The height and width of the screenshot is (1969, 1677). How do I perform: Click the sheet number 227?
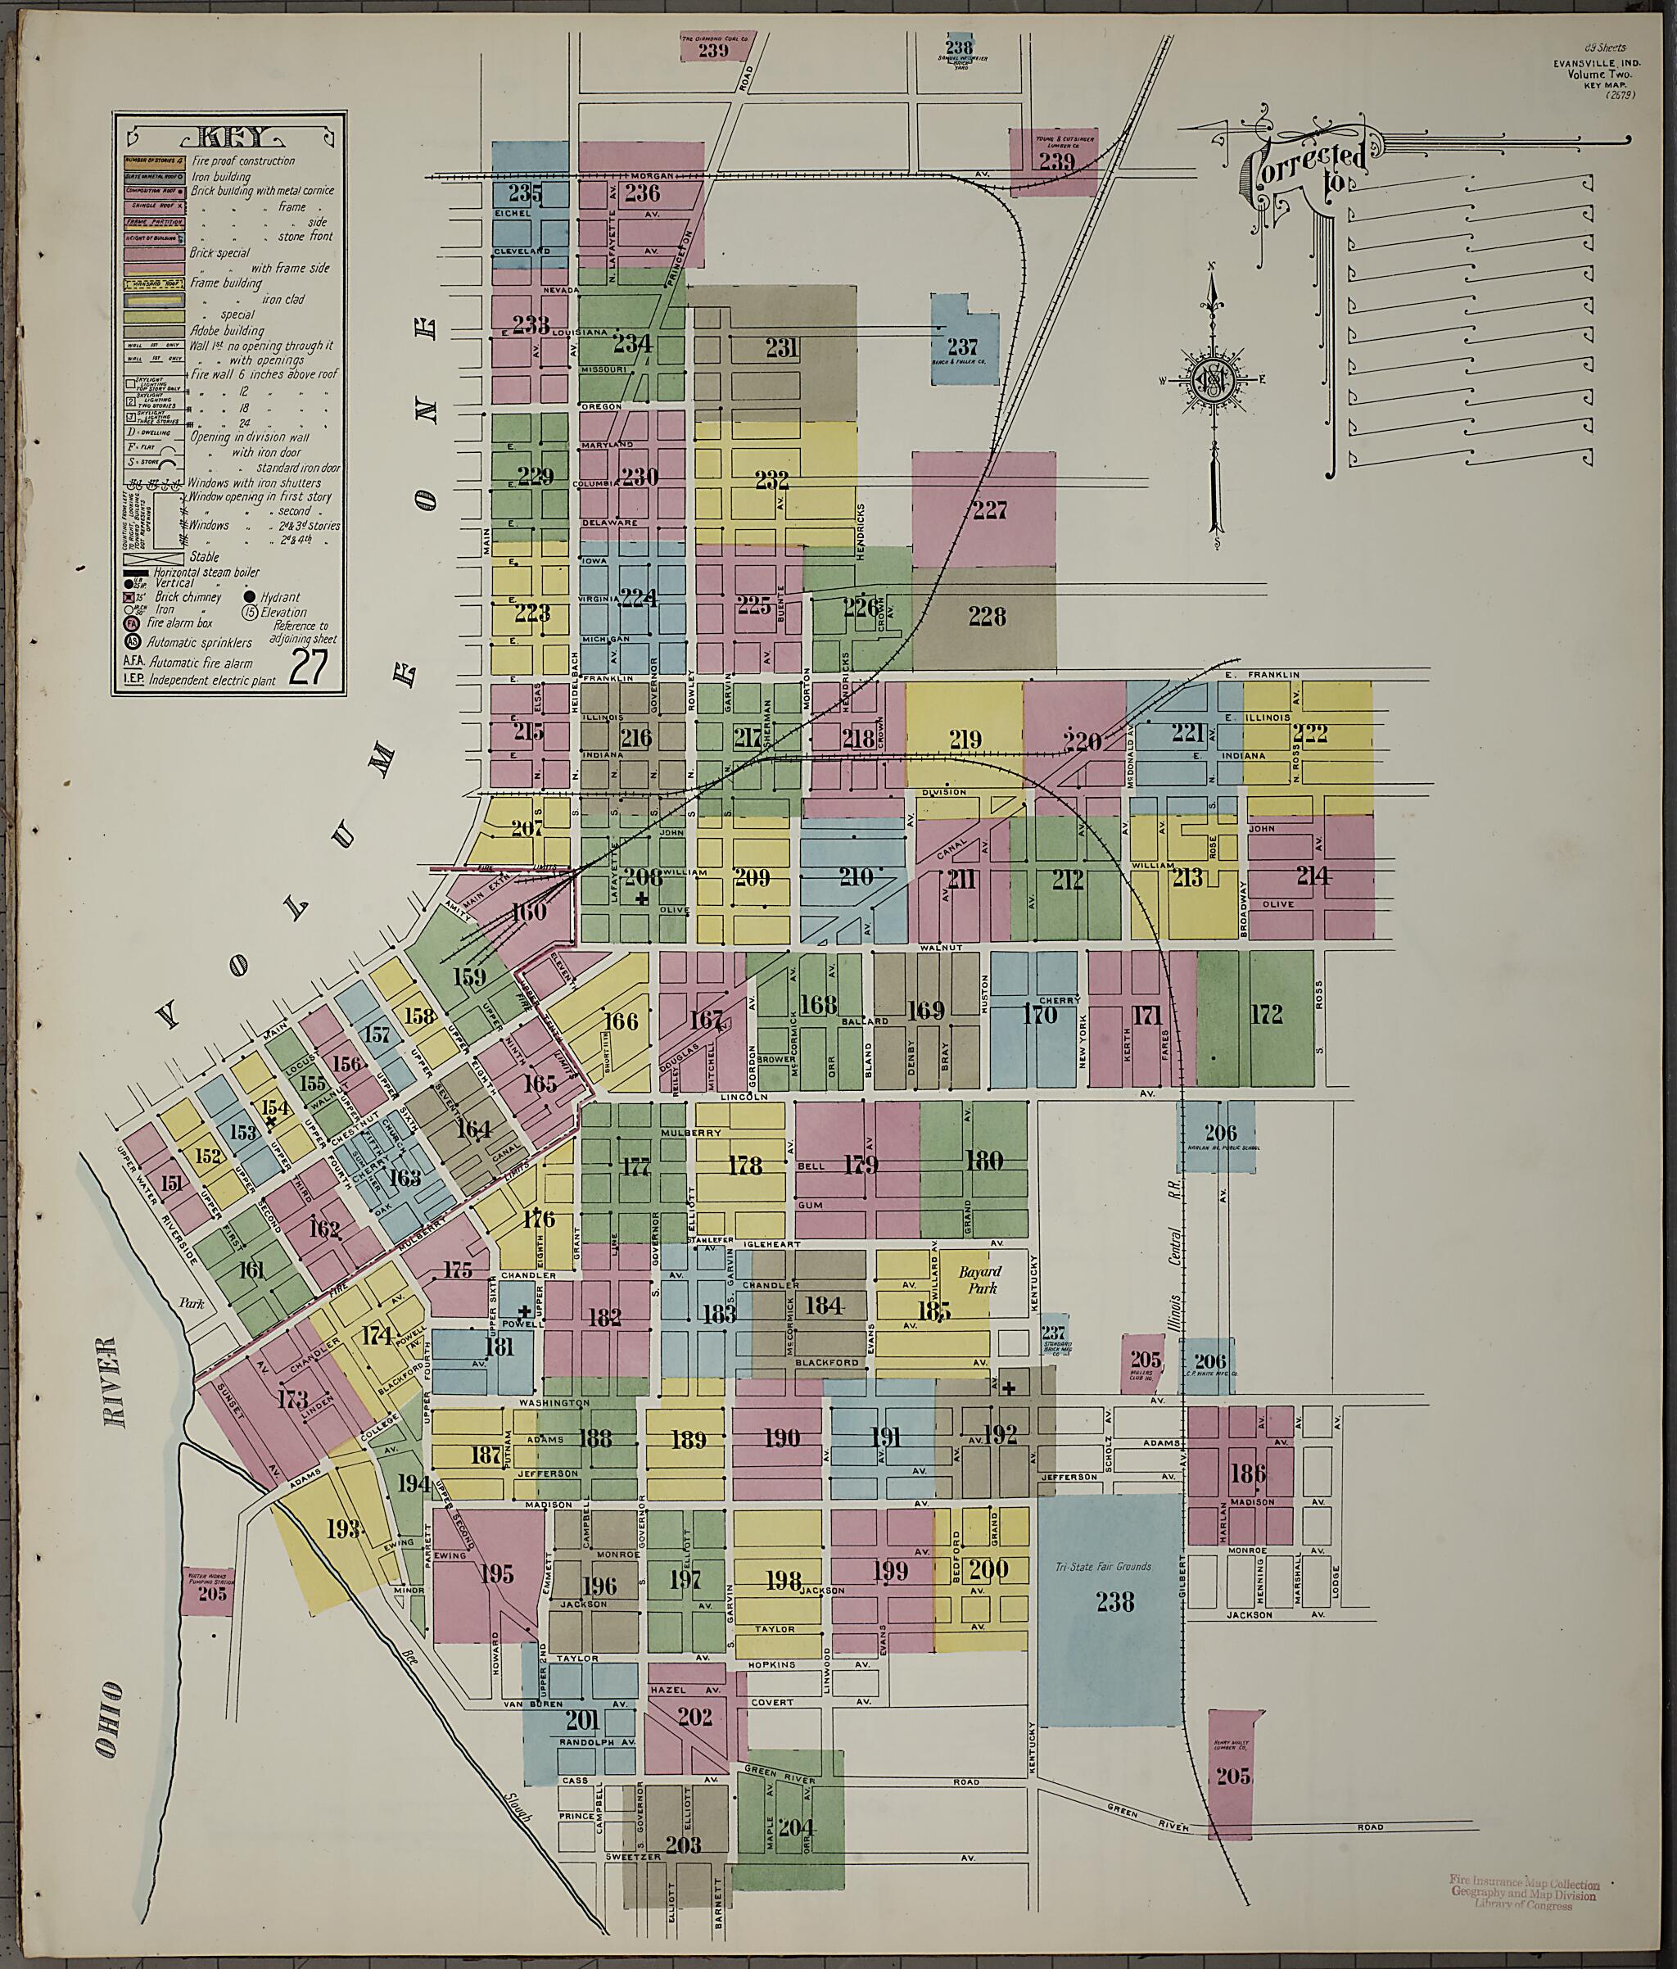(x=989, y=511)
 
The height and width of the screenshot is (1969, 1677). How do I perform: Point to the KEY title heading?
(x=227, y=135)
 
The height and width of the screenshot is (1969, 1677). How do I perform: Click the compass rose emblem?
(x=1214, y=381)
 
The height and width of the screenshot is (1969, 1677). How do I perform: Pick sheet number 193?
(x=344, y=1529)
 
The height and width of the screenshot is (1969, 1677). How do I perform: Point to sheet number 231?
(x=781, y=348)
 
